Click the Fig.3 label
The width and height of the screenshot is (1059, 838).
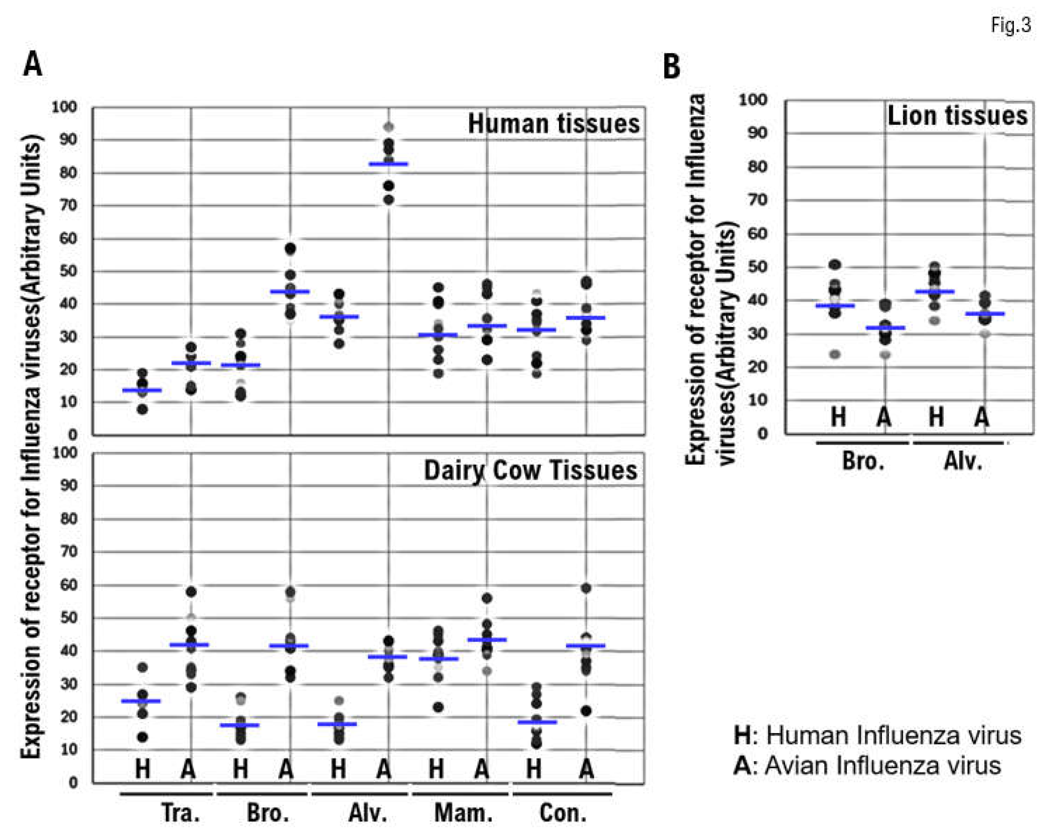1011,25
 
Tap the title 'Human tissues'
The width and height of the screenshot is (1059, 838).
553,124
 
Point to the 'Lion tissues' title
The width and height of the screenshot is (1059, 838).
957,116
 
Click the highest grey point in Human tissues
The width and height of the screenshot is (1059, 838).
389,127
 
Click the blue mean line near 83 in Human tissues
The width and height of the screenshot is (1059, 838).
389,164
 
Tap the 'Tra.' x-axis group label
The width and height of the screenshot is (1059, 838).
181,813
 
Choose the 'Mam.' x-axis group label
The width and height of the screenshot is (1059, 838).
463,813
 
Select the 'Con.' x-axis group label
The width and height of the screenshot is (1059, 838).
563,813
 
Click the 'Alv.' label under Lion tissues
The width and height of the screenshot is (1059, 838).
963,461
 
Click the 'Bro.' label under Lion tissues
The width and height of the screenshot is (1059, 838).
863,461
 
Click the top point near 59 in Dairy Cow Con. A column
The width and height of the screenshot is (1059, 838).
586,588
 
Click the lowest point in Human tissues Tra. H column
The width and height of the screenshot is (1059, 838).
142,409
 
